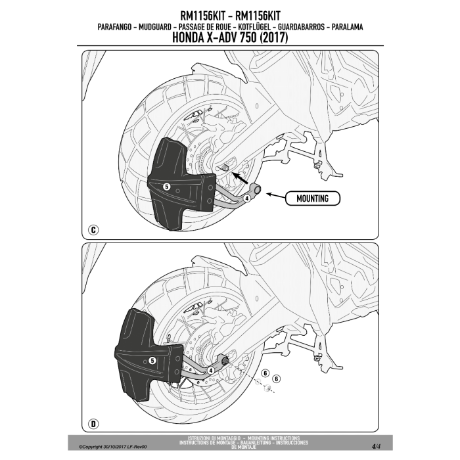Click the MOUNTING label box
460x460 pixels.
click(x=312, y=198)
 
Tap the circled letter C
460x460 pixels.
click(x=93, y=230)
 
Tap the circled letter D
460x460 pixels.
click(x=93, y=424)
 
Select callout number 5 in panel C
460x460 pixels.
click(x=166, y=187)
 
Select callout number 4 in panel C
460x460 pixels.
click(x=247, y=198)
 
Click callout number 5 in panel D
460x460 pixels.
click(x=152, y=361)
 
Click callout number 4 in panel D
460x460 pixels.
click(x=211, y=371)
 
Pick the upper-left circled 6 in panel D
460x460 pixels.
click(x=265, y=373)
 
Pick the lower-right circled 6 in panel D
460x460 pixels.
click(x=277, y=379)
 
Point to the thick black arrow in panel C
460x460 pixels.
click(x=241, y=177)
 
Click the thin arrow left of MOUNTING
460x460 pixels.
click(x=275, y=195)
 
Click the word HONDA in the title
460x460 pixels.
click(x=188, y=37)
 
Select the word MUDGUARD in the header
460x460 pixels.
click(x=154, y=27)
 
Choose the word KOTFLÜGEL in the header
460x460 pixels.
click(x=254, y=27)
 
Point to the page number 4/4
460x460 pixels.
click(x=376, y=447)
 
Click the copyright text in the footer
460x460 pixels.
click(x=112, y=447)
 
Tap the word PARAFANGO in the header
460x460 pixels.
click(x=114, y=27)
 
